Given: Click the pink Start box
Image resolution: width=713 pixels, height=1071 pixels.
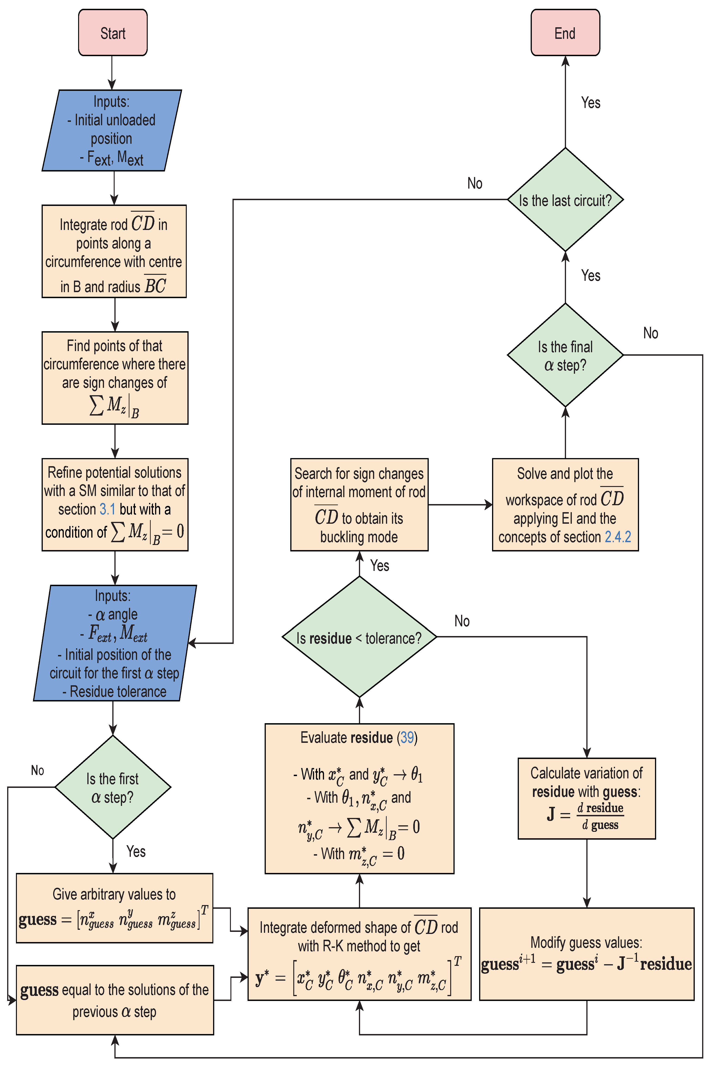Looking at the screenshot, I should coord(113,33).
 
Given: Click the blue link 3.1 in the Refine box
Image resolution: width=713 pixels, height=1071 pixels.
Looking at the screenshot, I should coord(107,509).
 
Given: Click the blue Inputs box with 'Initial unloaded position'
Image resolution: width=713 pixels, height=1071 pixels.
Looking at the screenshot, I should coord(112,130).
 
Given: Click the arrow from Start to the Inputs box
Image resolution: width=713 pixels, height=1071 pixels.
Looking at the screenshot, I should coord(112,73).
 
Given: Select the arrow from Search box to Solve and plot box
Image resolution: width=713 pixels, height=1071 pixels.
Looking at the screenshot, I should coord(459,505).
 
